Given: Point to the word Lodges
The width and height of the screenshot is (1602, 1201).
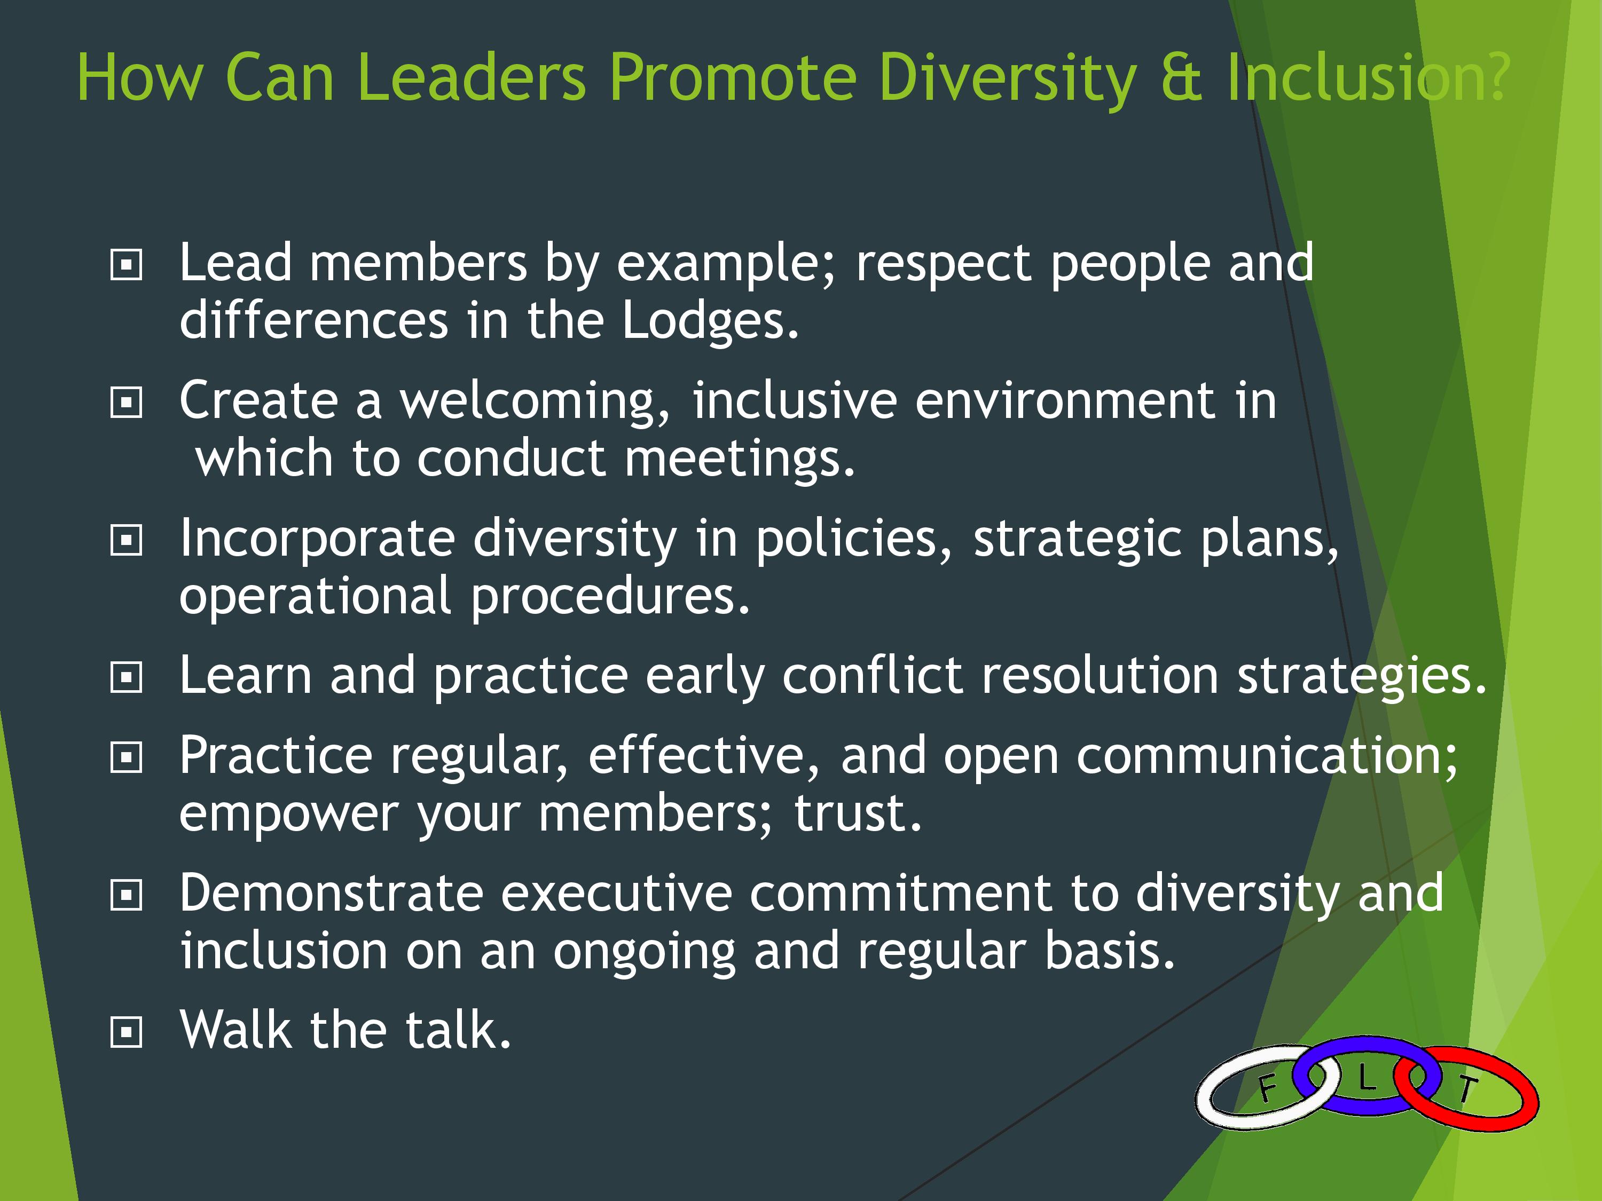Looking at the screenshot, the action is (710, 321).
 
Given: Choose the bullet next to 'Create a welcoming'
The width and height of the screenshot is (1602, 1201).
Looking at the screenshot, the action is (126, 402).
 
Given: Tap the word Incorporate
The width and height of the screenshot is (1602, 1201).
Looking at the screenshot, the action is (318, 539).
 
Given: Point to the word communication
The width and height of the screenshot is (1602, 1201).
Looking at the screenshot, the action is (1267, 756).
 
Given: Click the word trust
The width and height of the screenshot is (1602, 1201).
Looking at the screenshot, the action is (858, 813).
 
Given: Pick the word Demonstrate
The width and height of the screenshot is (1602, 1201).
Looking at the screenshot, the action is (332, 894).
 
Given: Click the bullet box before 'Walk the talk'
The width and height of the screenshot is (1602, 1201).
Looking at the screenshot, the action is (126, 1033).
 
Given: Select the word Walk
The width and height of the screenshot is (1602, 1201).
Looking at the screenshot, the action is (237, 1030).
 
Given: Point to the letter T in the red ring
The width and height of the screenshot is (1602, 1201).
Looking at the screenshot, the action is (1466, 1088).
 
